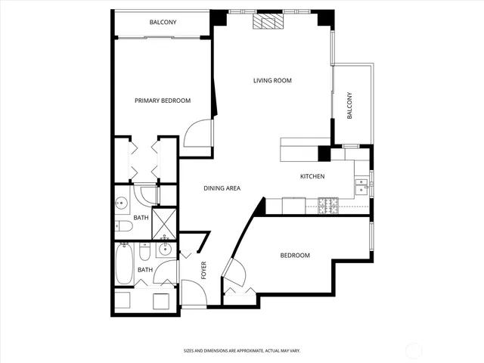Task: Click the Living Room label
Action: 272,80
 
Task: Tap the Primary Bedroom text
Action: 162,101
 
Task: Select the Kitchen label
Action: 312,176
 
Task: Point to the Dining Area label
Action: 222,188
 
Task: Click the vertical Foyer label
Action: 203,270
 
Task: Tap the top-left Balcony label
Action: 163,23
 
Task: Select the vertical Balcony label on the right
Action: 349,105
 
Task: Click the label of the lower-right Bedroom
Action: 295,256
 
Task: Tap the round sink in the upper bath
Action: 122,203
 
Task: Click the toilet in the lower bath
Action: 144,270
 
